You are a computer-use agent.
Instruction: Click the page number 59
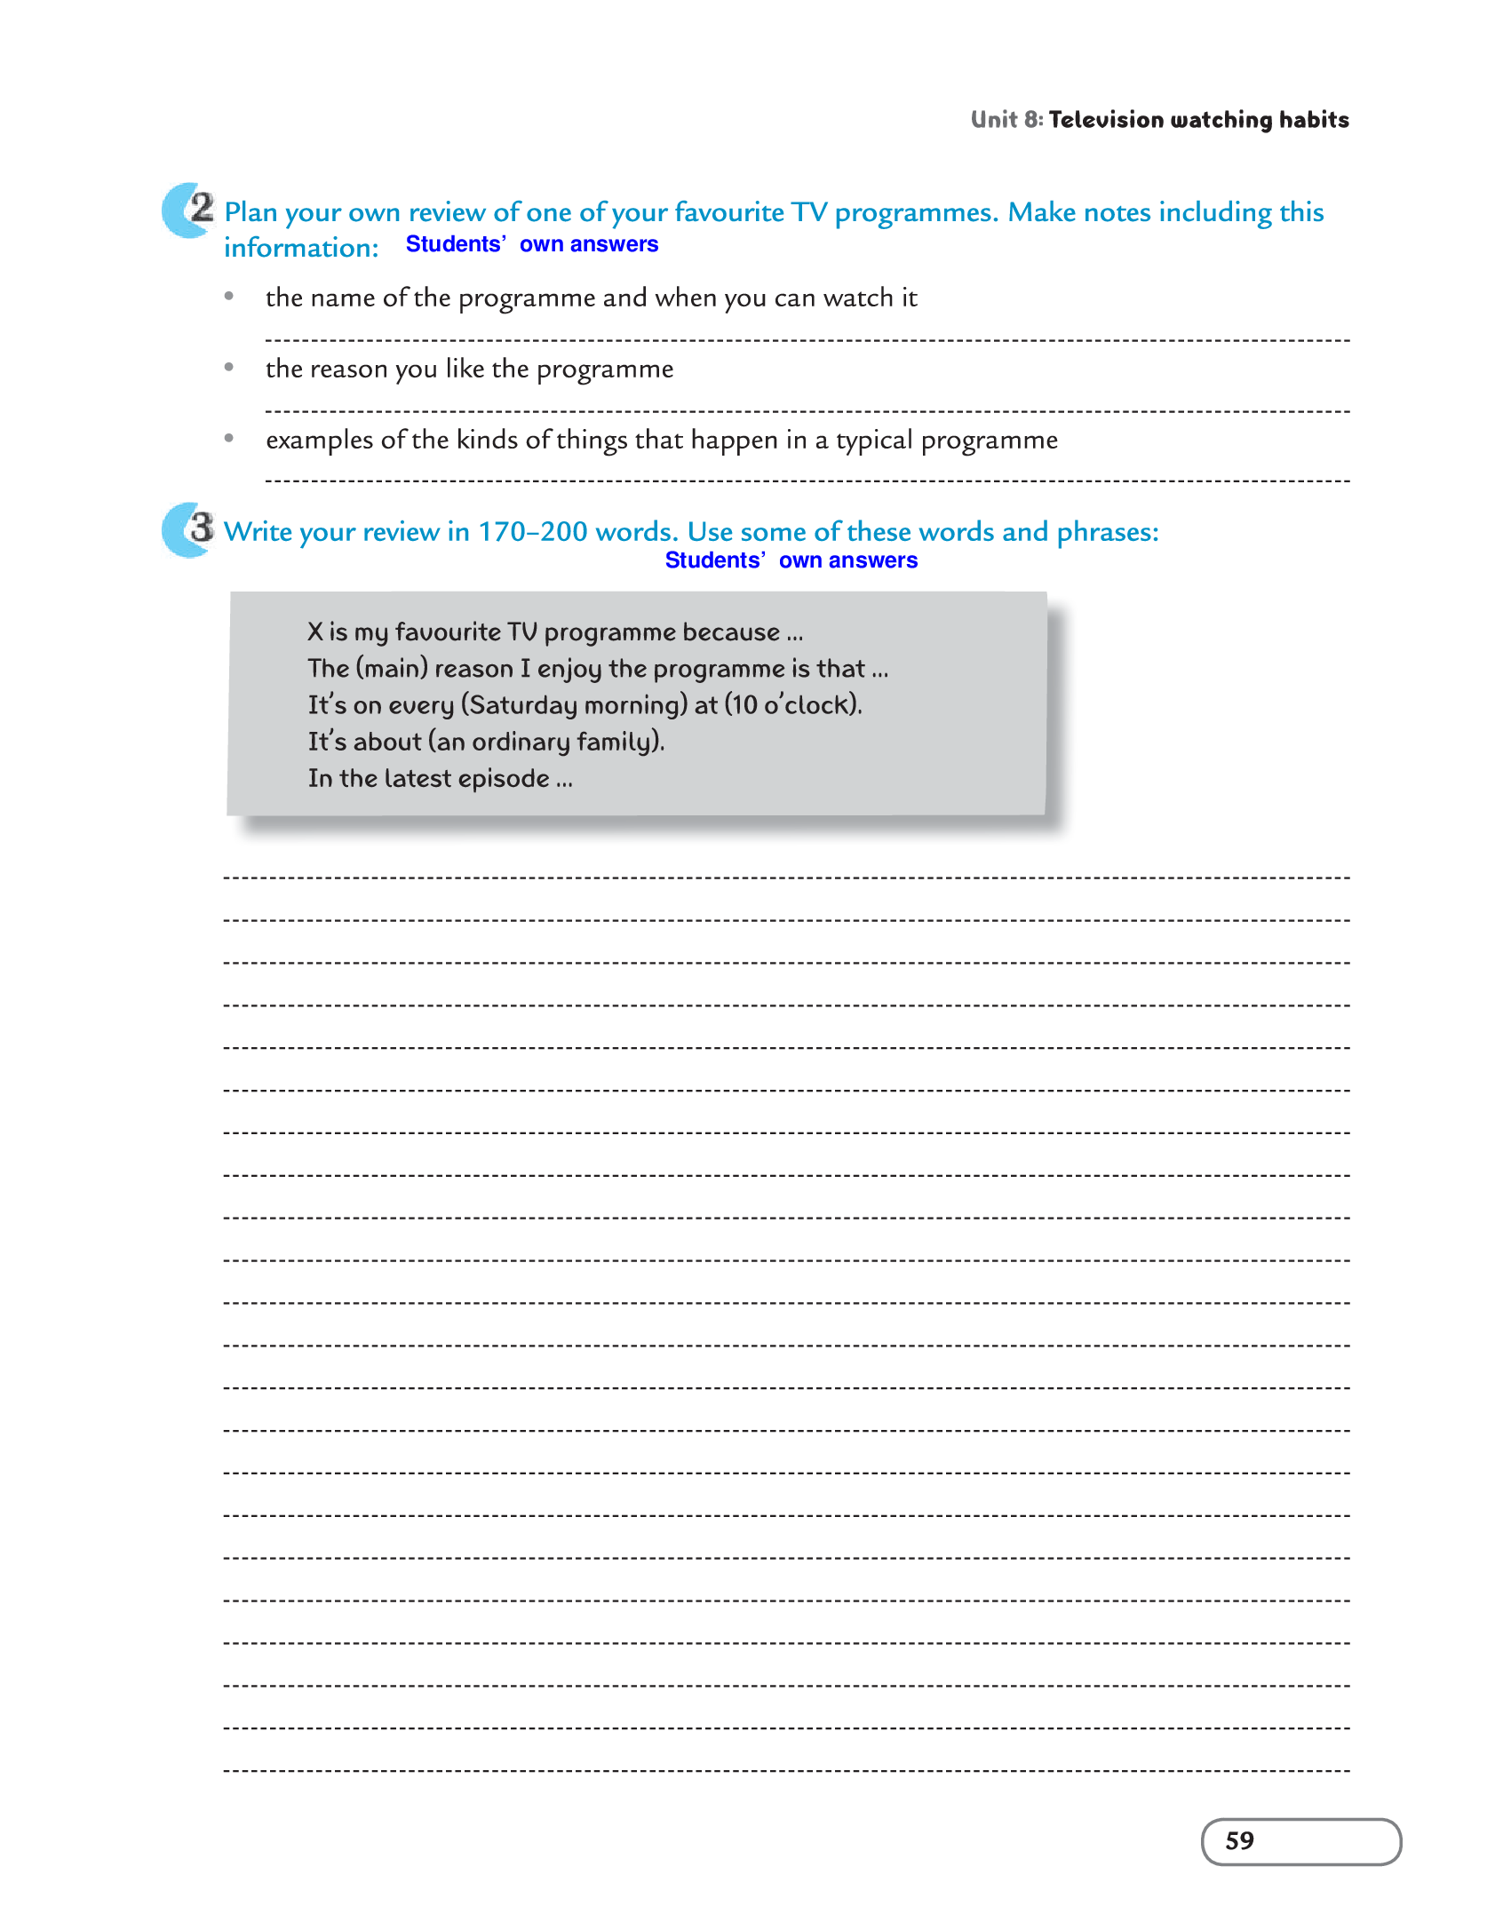tap(1239, 1840)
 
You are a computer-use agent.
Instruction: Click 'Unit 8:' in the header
tap(1006, 120)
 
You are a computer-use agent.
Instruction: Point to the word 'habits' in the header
tap(1314, 120)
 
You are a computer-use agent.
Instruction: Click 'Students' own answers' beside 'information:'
tap(531, 244)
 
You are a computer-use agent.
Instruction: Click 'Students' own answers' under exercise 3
tap(791, 560)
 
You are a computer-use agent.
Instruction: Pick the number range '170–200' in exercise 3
tap(533, 532)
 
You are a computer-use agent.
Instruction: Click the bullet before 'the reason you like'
tap(229, 367)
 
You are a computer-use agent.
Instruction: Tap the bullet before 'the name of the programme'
tap(229, 296)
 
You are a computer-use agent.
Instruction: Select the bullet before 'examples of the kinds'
tap(229, 438)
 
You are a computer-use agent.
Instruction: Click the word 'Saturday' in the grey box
tap(523, 705)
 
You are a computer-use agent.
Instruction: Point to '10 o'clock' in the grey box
tap(792, 705)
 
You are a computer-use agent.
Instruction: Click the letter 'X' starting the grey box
tap(315, 631)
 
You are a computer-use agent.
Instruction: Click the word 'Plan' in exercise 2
tap(251, 212)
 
